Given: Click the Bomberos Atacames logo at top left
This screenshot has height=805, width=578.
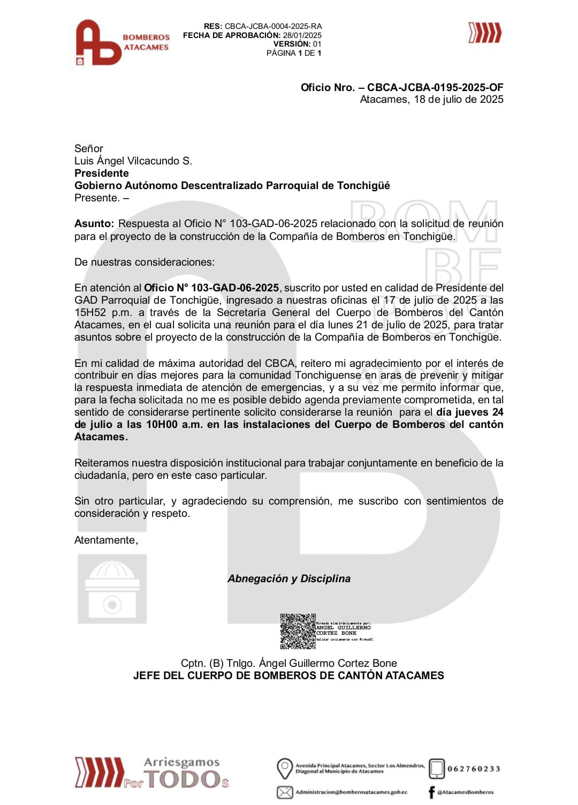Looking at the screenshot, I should (121, 43).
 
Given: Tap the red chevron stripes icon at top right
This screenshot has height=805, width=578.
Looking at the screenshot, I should (485, 33).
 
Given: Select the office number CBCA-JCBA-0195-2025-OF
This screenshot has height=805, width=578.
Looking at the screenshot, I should (435, 87).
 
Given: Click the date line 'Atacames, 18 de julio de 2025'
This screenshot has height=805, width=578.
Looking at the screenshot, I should (431, 100).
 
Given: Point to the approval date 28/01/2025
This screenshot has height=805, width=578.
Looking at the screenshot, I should (302, 35).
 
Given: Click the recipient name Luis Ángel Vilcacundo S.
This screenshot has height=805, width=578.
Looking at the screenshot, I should (133, 161).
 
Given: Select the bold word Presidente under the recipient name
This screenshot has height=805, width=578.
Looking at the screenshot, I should (102, 173).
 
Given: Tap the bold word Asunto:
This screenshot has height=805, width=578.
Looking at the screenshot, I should (94, 223).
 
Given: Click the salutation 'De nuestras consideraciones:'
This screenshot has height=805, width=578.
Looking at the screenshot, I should (144, 262).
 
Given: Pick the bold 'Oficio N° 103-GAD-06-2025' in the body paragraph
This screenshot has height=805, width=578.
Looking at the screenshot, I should (211, 288).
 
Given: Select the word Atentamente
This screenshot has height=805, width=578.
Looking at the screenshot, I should (106, 540).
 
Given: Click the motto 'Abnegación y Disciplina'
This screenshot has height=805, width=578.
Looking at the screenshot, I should (289, 578).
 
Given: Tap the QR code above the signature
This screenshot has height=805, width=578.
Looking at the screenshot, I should (298, 631).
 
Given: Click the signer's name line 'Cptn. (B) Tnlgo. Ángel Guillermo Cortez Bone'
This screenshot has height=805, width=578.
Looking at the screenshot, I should (289, 663).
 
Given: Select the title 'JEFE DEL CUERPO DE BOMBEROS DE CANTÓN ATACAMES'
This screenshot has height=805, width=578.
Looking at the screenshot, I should (288, 675).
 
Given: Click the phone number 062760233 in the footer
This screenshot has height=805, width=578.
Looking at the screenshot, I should (473, 769).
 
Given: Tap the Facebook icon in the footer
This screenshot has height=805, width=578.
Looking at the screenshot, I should (431, 792).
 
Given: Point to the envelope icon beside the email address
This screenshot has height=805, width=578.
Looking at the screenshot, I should (285, 792).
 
